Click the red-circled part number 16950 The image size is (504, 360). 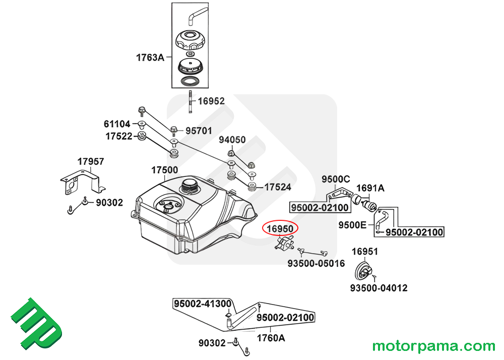(280, 229)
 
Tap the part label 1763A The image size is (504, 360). (150, 57)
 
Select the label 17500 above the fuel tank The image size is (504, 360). (165, 170)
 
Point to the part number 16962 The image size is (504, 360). (211, 101)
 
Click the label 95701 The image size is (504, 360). (199, 131)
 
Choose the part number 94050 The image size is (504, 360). (232, 140)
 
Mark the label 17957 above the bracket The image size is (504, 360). (91, 161)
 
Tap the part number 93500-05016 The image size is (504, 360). (316, 264)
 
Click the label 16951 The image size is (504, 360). (365, 252)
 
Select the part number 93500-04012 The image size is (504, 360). (379, 288)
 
